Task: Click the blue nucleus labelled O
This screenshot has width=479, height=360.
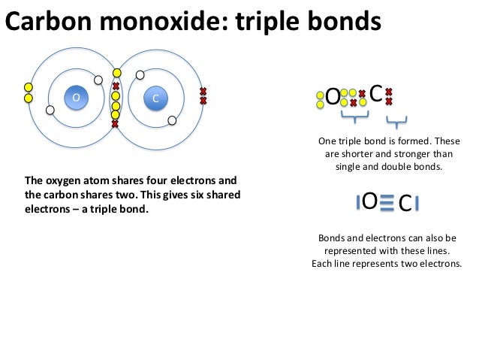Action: (x=75, y=98)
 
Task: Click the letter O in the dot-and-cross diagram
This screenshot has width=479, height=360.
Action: (x=331, y=98)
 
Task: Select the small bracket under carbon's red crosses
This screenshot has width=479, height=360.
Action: (x=396, y=119)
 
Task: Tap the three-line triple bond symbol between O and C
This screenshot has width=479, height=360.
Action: (x=386, y=201)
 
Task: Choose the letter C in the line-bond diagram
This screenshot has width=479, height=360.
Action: (x=404, y=204)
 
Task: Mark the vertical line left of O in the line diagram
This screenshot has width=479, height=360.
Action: (x=357, y=201)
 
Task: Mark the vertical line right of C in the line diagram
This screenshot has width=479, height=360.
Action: (x=417, y=203)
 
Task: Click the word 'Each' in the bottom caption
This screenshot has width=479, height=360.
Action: (x=322, y=264)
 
